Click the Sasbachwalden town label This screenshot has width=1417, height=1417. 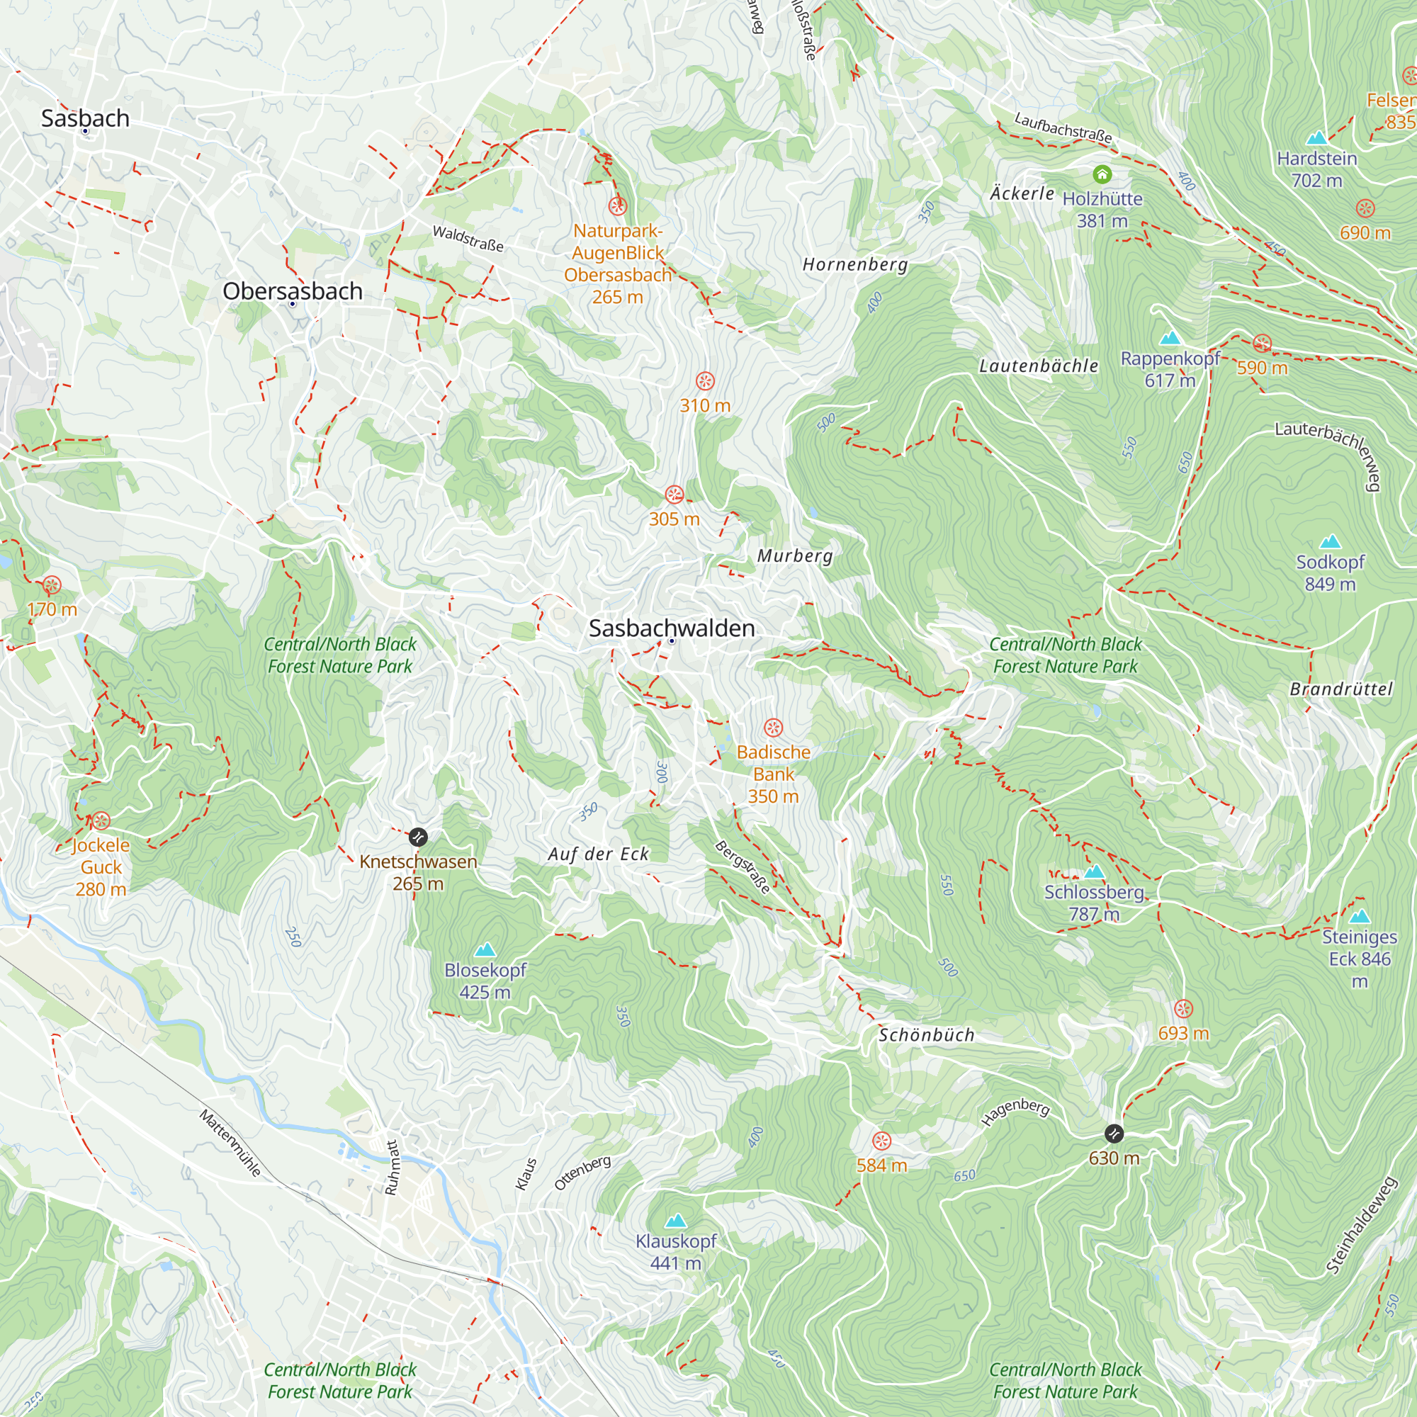pyautogui.click(x=671, y=628)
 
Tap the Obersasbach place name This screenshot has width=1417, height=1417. pyautogui.click(x=292, y=291)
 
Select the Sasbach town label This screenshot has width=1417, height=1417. pyautogui.click(x=85, y=118)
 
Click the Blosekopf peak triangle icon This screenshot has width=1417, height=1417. pyautogui.click(x=485, y=950)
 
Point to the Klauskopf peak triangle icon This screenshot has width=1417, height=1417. pyautogui.click(x=675, y=1221)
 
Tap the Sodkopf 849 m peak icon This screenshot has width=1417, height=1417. pyautogui.click(x=1330, y=542)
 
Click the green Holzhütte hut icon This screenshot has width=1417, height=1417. pyautogui.click(x=1102, y=174)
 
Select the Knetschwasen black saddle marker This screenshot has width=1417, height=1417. pyautogui.click(x=417, y=837)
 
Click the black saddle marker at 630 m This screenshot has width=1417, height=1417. pyautogui.click(x=1113, y=1134)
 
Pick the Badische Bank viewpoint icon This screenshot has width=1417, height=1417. pyautogui.click(x=773, y=728)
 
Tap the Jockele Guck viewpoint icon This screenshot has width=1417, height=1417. pyautogui.click(x=101, y=820)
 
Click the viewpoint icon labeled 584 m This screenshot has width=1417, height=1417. pyautogui.click(x=881, y=1141)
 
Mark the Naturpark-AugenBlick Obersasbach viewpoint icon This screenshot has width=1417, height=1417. pyautogui.click(x=618, y=205)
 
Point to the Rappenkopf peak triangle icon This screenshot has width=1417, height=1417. pyautogui.click(x=1170, y=338)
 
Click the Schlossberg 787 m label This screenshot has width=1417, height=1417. pyautogui.click(x=1093, y=903)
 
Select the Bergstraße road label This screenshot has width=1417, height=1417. pyautogui.click(x=743, y=867)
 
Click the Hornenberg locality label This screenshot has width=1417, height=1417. pyautogui.click(x=854, y=264)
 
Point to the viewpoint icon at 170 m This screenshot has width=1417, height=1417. pyautogui.click(x=51, y=585)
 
